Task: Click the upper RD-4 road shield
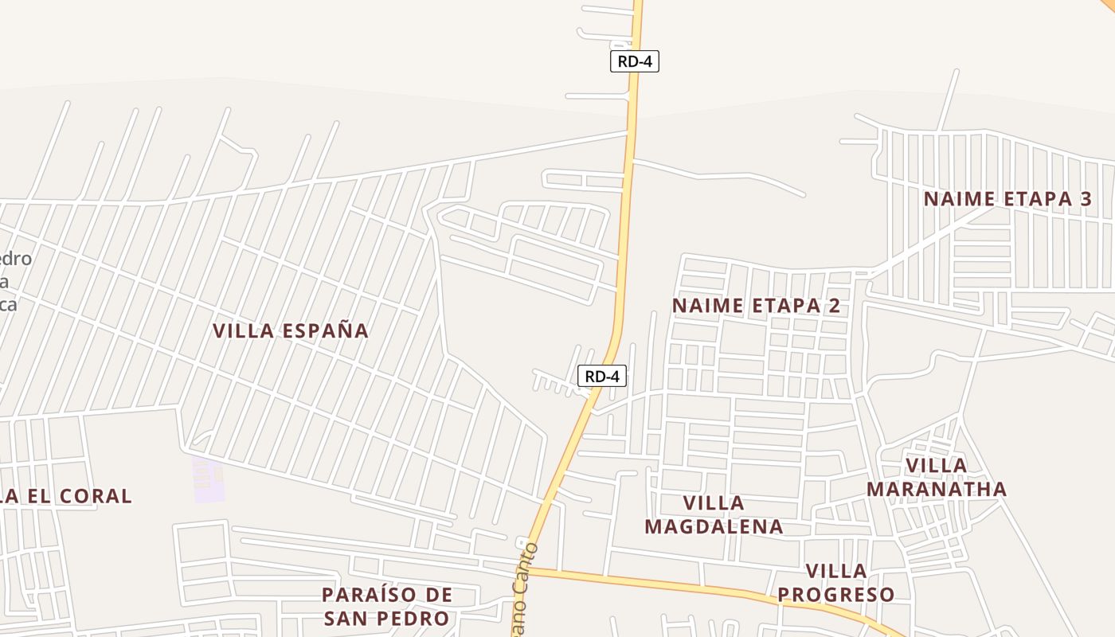635,61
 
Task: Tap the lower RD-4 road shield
602,376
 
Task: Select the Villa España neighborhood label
291,330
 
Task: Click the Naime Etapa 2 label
756,306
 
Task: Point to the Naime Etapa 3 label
1007,199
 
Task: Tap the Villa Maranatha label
937,477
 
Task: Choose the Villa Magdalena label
714,515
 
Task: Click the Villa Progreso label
836,583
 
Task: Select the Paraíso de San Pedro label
387,607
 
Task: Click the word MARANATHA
937,489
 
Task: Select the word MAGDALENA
714,527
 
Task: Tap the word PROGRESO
836,595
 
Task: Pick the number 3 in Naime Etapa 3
1086,199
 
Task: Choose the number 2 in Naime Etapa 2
834,306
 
